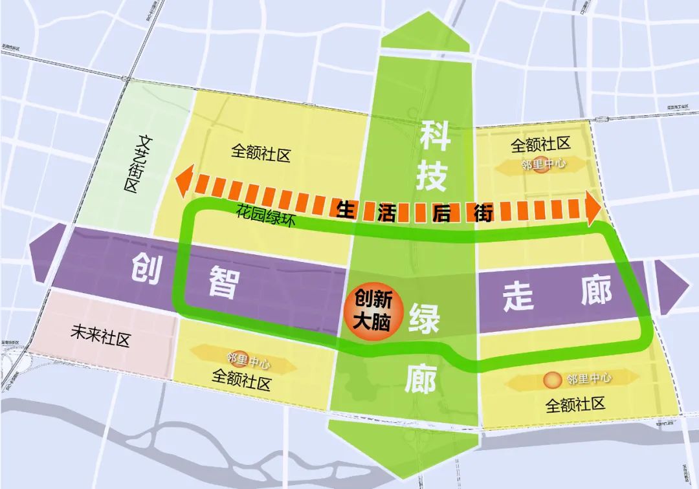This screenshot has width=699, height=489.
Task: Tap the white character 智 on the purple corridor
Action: pos(224,282)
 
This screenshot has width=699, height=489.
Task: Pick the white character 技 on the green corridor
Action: pos(432,175)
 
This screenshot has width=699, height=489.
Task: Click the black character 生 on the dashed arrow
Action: pos(344,208)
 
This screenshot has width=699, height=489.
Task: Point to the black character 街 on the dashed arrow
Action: pos(485,212)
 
